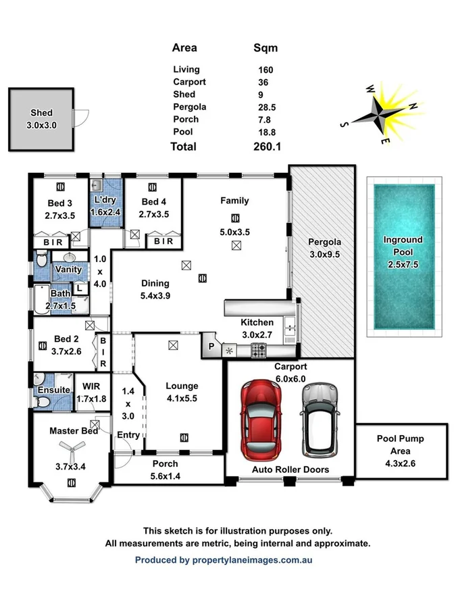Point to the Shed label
pyautogui.click(x=41, y=113)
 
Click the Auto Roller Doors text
pyautogui.click(x=290, y=470)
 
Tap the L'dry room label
pyautogui.click(x=106, y=201)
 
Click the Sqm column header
pyautogui.click(x=265, y=48)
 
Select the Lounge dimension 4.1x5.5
pyautogui.click(x=182, y=399)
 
